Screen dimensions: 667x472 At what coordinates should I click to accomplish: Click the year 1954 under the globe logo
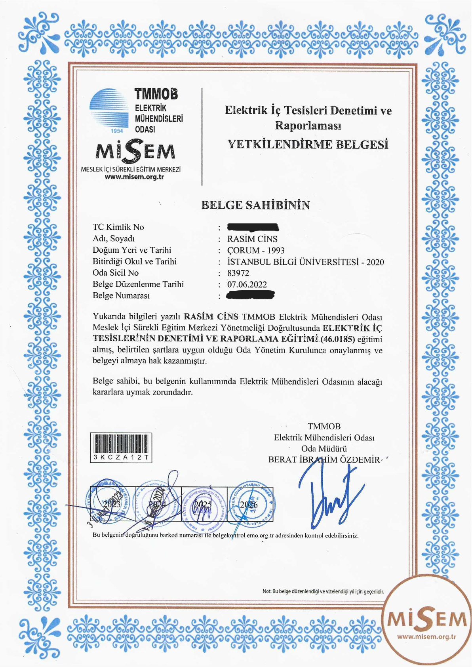tap(117, 131)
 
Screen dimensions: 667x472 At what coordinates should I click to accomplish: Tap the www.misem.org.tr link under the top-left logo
tap(134, 177)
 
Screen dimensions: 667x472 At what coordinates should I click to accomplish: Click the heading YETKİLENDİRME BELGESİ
tap(308, 144)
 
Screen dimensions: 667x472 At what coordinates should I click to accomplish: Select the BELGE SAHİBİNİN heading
tap(255, 205)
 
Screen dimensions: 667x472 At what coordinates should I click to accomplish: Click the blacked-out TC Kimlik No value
tap(253, 227)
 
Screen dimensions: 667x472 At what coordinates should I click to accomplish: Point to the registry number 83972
tap(238, 273)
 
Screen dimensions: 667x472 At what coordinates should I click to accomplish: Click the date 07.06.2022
tap(247, 284)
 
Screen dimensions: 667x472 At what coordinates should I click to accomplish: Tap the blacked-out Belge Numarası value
tap(250, 295)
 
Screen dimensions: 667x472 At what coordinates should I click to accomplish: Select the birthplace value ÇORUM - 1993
tap(256, 250)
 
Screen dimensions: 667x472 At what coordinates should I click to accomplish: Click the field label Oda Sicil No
tap(116, 273)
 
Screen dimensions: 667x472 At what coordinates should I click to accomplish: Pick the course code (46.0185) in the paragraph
tap(338, 339)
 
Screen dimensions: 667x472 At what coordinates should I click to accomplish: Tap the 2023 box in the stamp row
tap(112, 504)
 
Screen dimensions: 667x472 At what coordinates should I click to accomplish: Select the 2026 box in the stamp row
tap(249, 504)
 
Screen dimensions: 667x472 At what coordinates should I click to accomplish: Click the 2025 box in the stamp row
tap(204, 504)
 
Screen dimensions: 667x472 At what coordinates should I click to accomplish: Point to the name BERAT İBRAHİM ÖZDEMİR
tap(324, 459)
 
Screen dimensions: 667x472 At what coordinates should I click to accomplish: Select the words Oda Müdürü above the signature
tap(324, 448)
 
